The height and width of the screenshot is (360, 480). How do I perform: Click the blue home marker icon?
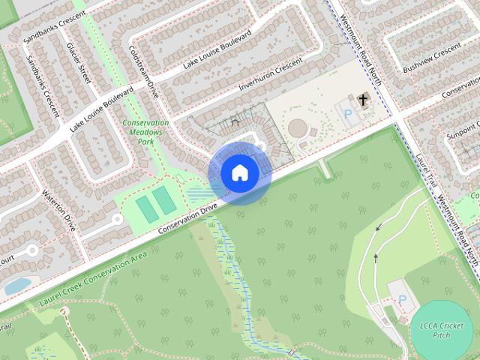coord(239,172)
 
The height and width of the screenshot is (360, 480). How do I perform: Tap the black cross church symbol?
coord(363,100)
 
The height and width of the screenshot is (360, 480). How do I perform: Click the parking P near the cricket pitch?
coord(403,299)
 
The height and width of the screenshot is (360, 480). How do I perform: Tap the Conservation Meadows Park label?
coord(145,132)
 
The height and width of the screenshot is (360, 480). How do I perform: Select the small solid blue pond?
coord(16,285)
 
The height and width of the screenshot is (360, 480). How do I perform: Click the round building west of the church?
coord(298,128)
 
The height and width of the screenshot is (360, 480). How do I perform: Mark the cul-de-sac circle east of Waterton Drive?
coord(116,219)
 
